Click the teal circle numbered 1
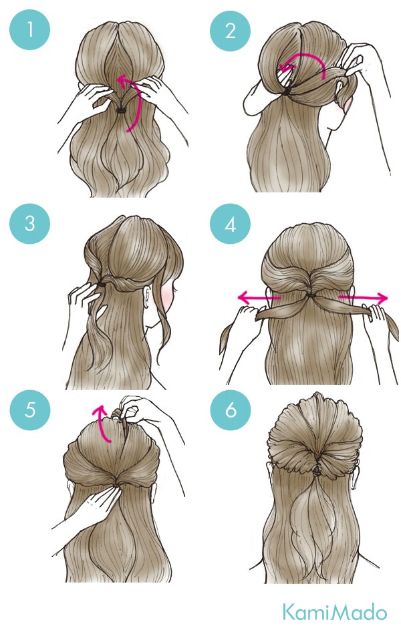coord(29,29)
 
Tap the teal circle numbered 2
coord(230,31)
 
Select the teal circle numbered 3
coord(29,223)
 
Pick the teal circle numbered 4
coord(230,224)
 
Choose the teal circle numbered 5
coord(30,410)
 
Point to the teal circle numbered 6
coord(231,410)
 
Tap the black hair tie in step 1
coord(122,110)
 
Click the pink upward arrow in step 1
coord(132,102)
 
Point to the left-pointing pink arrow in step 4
coord(259,298)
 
